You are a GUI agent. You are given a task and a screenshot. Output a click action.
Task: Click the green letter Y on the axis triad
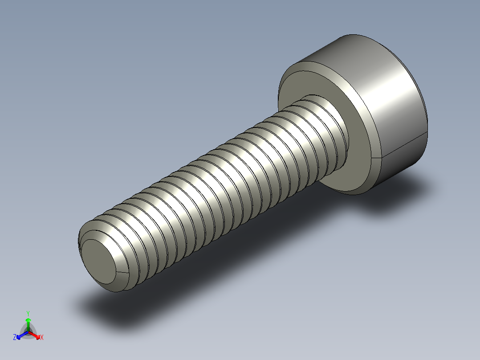[28, 313]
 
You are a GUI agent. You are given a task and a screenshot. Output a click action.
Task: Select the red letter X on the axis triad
[42, 338]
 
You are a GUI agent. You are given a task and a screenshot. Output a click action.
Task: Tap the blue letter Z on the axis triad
[15, 338]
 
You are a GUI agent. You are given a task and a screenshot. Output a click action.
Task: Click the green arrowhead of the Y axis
[28, 320]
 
